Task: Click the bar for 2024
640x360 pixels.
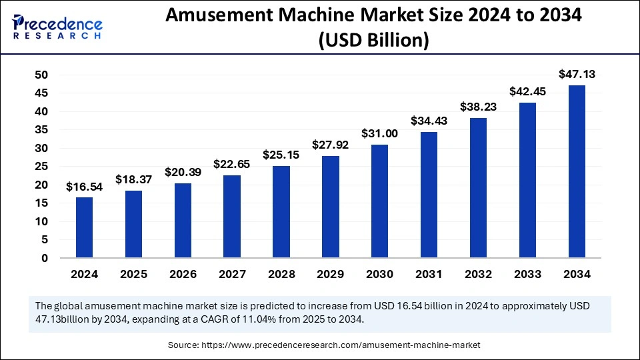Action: (x=85, y=227)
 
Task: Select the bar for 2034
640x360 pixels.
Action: (x=577, y=171)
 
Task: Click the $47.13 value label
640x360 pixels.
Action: (x=577, y=74)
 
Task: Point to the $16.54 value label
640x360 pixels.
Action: (x=85, y=187)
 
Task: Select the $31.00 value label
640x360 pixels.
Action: (x=380, y=133)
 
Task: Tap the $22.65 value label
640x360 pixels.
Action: (x=232, y=164)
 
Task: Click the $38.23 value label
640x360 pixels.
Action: (x=478, y=107)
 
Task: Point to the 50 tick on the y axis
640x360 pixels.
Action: (x=41, y=75)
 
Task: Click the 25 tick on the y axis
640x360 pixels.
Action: (x=41, y=167)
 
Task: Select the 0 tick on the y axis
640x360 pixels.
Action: (x=45, y=258)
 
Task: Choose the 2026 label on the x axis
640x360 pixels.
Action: (x=183, y=274)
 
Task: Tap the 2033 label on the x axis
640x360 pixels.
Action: (x=527, y=274)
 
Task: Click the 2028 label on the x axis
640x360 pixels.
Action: (x=281, y=274)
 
